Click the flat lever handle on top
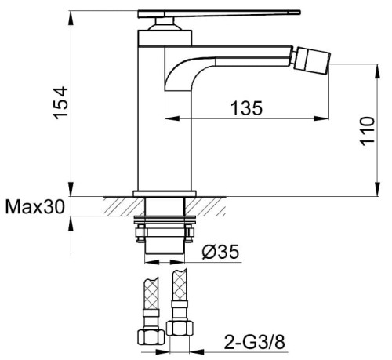220,13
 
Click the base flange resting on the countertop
164,193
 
